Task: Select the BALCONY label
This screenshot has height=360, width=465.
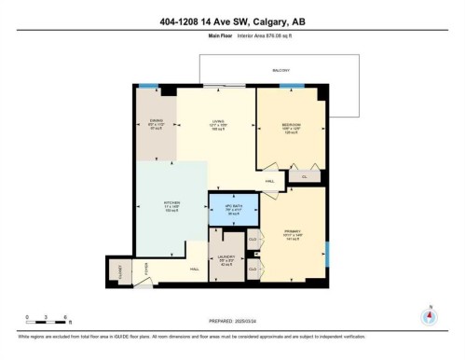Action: [280, 70]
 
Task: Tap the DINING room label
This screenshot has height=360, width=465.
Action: [157, 120]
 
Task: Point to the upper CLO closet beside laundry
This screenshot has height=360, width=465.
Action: [253, 241]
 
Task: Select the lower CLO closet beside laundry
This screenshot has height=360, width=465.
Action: [253, 270]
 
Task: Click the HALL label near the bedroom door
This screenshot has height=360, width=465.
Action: [269, 181]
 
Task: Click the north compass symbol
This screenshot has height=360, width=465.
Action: [428, 315]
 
